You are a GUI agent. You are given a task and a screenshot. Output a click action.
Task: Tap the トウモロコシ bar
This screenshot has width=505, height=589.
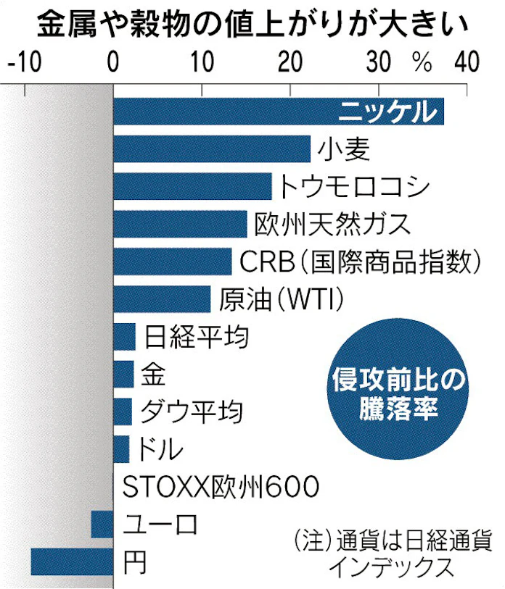(192, 186)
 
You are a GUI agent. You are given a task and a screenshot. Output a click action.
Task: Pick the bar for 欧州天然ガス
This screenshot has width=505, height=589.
(180, 224)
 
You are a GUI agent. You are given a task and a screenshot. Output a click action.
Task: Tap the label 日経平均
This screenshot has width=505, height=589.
(197, 337)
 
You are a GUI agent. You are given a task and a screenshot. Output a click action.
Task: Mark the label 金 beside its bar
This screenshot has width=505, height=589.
(153, 375)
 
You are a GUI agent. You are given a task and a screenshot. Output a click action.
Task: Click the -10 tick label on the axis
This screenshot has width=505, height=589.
(24, 62)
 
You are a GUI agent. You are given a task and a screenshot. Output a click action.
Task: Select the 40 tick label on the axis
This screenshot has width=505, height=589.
(465, 62)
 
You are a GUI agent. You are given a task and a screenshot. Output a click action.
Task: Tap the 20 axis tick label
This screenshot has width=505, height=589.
(290, 62)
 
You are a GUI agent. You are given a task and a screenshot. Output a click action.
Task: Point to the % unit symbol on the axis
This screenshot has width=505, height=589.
(422, 62)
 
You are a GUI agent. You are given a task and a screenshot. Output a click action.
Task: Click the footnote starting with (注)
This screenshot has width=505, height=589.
(393, 554)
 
